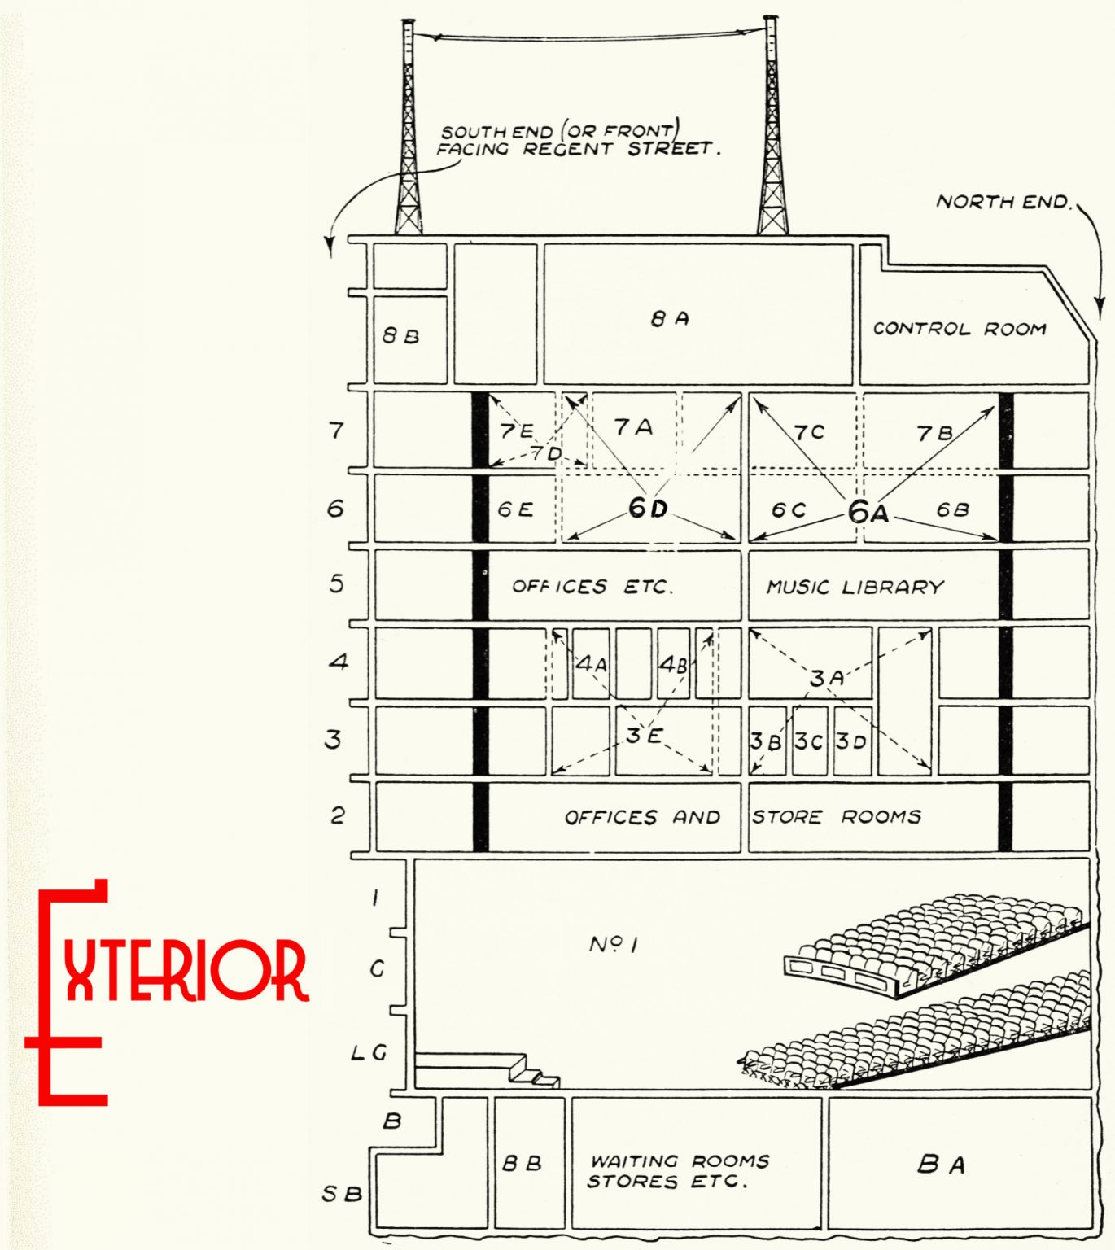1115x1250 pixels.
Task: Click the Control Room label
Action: [959, 329]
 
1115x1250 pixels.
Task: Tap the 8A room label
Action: [669, 318]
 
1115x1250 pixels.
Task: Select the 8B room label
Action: [400, 335]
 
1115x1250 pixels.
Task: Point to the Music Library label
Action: [855, 586]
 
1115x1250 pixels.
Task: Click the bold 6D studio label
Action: [648, 508]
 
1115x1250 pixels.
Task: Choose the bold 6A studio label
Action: [868, 512]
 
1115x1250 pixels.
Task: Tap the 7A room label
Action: [632, 426]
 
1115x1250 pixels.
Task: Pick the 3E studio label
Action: [644, 736]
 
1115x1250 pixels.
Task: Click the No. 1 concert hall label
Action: [613, 944]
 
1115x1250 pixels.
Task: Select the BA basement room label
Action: [941, 1165]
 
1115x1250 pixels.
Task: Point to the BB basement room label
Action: [522, 1163]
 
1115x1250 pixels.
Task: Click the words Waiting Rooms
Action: [680, 1160]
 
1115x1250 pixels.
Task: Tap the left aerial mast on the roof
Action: [408, 130]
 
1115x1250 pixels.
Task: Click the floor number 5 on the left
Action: [336, 583]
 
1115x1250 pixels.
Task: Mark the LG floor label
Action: [368, 1052]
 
